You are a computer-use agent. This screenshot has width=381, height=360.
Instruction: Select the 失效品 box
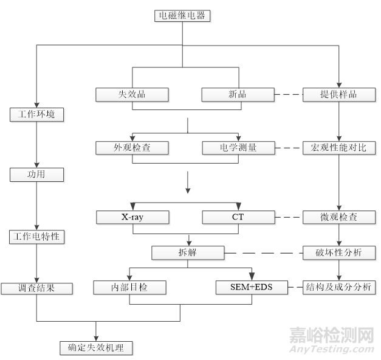pyautogui.click(x=132, y=95)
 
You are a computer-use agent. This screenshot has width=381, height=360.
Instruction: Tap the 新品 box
pyautogui.click(x=238, y=95)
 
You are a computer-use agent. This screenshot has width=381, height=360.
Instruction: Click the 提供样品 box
pyautogui.click(x=339, y=95)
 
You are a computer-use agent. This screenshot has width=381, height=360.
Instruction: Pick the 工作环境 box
pyautogui.click(x=37, y=114)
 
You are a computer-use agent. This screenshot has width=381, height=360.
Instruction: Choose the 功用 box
pyautogui.click(x=37, y=175)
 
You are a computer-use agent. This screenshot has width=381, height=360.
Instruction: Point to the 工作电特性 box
pyautogui.click(x=37, y=236)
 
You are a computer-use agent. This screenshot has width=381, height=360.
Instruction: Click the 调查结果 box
pyautogui.click(x=37, y=288)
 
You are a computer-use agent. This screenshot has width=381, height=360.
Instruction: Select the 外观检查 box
pyautogui.click(x=132, y=147)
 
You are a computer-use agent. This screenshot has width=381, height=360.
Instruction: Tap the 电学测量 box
pyautogui.click(x=238, y=147)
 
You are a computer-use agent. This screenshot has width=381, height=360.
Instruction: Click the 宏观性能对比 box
pyautogui.click(x=339, y=147)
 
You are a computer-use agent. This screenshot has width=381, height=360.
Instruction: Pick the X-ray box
pyautogui.click(x=132, y=216)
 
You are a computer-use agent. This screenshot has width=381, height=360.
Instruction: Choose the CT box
pyautogui.click(x=238, y=216)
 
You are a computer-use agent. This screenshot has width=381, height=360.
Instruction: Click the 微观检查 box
pyautogui.click(x=339, y=216)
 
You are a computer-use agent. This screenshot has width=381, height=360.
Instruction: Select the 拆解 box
pyautogui.click(x=188, y=252)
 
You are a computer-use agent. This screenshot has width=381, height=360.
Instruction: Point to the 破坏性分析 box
pyautogui.click(x=339, y=252)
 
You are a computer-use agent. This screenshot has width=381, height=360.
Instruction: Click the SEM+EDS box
pyautogui.click(x=252, y=288)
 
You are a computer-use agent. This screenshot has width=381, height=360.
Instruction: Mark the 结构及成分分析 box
pyautogui.click(x=339, y=288)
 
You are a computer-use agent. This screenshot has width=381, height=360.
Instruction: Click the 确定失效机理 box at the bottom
pyautogui.click(x=96, y=348)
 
